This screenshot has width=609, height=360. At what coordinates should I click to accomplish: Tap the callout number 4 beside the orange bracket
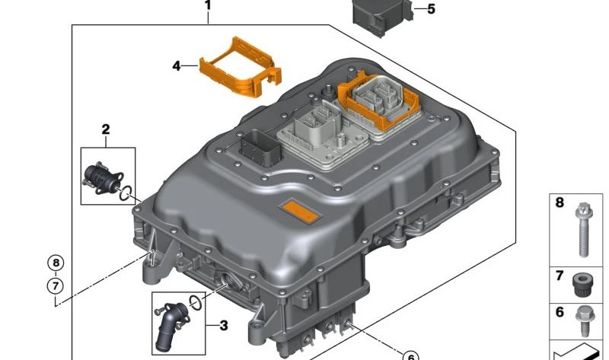click(x=177, y=66)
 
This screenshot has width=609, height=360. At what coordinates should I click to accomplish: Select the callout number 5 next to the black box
click(x=431, y=9)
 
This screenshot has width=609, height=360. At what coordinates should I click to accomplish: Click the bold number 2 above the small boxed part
click(x=107, y=129)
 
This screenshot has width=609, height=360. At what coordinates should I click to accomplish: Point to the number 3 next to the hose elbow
click(x=223, y=326)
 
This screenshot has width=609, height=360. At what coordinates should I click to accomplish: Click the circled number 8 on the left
click(x=56, y=263)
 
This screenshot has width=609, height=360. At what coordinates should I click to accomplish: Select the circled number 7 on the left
click(x=56, y=286)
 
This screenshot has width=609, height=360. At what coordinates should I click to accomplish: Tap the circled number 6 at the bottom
click(x=409, y=355)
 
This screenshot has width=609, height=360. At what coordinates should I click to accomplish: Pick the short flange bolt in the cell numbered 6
click(x=585, y=318)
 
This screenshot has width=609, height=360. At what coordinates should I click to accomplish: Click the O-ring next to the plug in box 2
click(x=127, y=191)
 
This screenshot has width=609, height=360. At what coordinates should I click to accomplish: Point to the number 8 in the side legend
click(x=560, y=203)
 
